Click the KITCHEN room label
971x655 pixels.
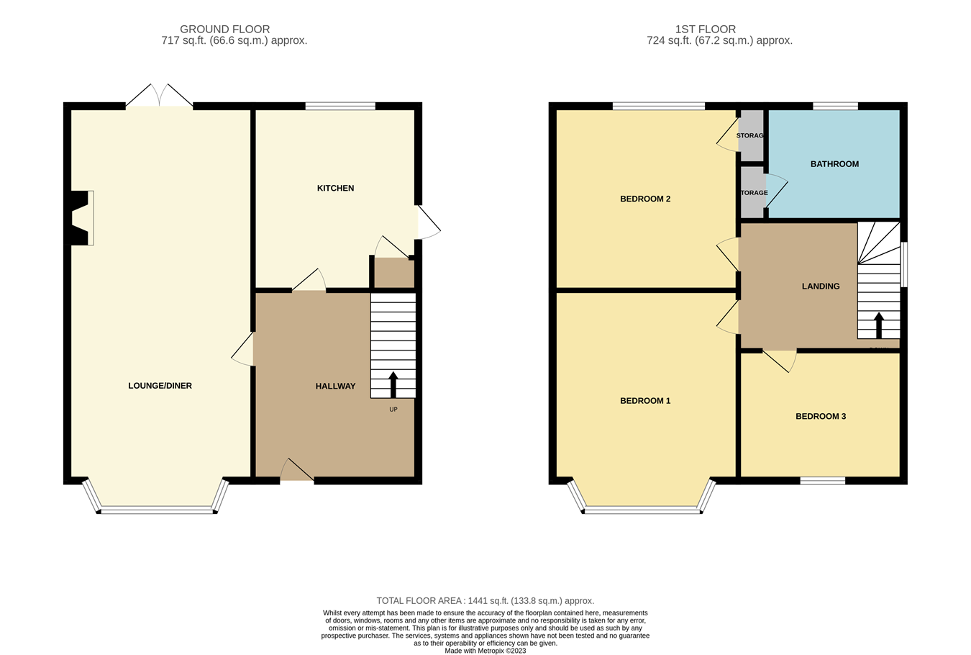335,188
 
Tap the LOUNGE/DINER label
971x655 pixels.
160,386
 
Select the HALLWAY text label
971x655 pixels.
335,387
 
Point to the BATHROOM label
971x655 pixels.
834,164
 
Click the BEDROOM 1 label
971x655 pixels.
645,401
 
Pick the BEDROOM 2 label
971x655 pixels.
645,199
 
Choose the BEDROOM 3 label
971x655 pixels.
820,416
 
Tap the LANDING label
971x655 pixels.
821,286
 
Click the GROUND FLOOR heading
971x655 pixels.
224,30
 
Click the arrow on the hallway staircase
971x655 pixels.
393,384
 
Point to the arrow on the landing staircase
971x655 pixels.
878,325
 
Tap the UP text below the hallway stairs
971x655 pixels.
393,410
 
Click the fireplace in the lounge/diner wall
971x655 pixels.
81,217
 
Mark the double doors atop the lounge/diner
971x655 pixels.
160,96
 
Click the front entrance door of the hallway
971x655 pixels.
297,471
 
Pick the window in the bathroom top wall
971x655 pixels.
835,107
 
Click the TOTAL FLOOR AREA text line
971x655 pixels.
485,601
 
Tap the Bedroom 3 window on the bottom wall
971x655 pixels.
822,480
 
